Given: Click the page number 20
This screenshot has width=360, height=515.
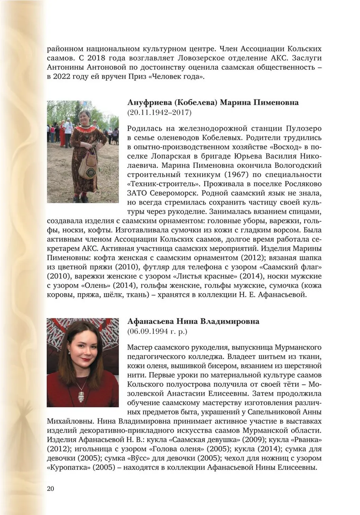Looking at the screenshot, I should point(50,488).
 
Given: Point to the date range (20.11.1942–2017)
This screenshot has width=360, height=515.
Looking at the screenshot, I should point(159,113).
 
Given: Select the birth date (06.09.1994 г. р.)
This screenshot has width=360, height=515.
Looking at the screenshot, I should point(157,331).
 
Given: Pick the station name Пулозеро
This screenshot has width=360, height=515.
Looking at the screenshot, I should point(302,129).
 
